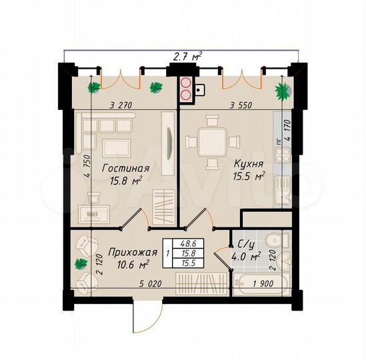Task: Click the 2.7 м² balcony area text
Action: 183,58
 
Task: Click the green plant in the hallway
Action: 81,264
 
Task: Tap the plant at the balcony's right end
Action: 283,89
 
